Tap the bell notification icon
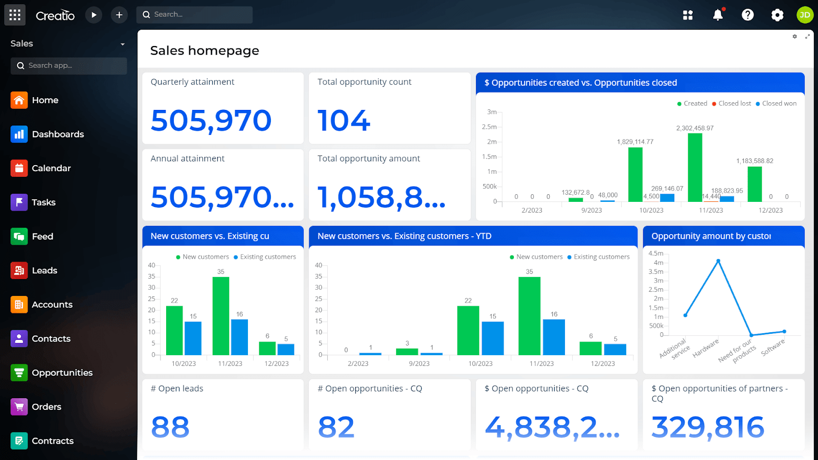718,15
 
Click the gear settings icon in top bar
777,15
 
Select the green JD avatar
805,15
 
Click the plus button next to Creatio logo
119,15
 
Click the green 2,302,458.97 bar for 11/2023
695,168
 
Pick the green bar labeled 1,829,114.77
635,174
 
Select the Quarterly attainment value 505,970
211,121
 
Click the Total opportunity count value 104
344,121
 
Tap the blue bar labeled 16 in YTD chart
554,337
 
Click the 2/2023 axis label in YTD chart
358,363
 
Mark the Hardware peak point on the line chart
718,261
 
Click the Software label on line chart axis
773,347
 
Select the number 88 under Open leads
170,427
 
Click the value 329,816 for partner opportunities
708,427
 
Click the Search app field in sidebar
69,65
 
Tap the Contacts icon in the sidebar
19,338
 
